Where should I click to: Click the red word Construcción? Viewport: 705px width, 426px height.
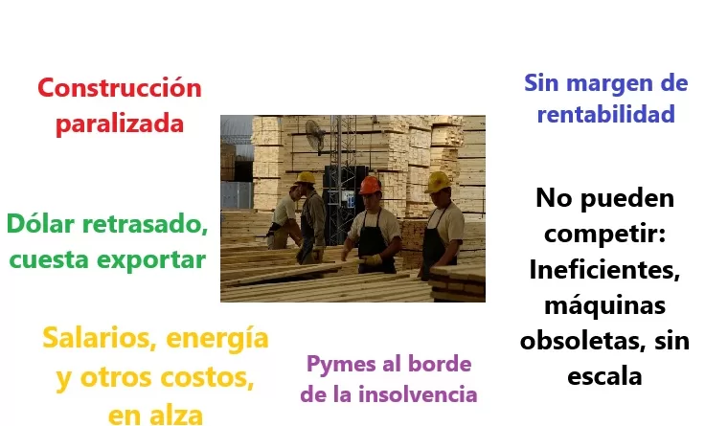(120, 87)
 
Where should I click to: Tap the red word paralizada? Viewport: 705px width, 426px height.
(120, 124)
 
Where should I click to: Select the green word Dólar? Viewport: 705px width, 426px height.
(40, 223)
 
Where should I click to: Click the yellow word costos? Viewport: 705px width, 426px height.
(207, 378)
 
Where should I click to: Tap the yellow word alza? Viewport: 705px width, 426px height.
(177, 415)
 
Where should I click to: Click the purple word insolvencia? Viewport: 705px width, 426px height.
(418, 394)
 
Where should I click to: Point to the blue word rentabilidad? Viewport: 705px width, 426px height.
(606, 114)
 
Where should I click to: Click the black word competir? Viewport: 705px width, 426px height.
(604, 234)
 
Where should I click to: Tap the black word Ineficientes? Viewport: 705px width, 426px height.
(604, 270)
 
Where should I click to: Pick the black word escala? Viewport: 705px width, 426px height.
(604, 375)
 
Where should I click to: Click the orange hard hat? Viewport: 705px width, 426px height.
(370, 185)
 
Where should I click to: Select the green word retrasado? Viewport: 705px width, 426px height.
(145, 224)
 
